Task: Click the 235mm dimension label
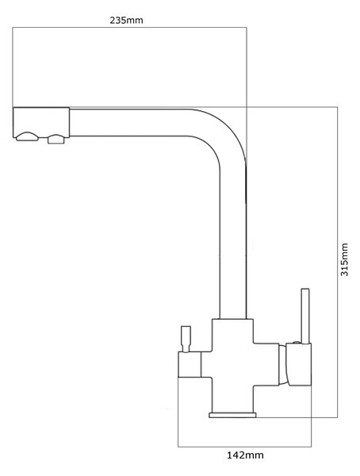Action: [126, 21]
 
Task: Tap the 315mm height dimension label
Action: [344, 259]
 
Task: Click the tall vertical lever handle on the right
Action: [305, 316]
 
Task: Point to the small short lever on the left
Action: [186, 339]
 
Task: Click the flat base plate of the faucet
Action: [232, 415]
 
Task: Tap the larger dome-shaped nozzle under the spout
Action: [27, 136]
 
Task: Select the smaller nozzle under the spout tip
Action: [56, 139]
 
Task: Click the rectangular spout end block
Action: [41, 122]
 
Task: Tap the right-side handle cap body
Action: [299, 365]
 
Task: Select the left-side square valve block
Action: [190, 365]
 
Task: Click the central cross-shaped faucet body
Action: [232, 365]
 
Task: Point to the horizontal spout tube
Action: [129, 122]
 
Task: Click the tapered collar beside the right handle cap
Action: [282, 365]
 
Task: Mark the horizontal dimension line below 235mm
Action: [129, 28]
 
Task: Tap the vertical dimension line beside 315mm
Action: [337, 262]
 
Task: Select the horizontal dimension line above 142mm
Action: [245, 447]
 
